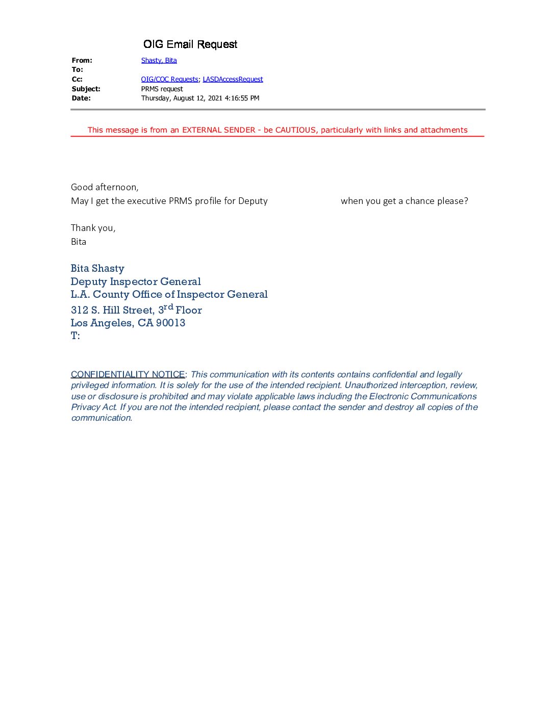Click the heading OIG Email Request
coord(190,44)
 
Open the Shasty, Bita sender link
coord(159,60)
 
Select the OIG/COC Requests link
coord(169,79)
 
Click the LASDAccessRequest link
coord(233,79)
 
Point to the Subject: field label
coord(86,89)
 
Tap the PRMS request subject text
coord(162,89)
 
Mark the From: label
coord(82,60)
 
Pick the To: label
coord(77,69)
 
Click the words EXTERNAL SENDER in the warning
coord(218,130)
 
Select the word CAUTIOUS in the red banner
coord(295,130)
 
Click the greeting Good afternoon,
coord(105,187)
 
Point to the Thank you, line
coord(93,228)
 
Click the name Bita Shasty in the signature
coord(97,268)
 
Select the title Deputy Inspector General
coord(136,281)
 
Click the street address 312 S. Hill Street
coord(113,310)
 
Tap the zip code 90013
coord(170,323)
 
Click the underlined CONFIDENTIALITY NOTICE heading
coord(128,374)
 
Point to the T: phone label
coord(75,336)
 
